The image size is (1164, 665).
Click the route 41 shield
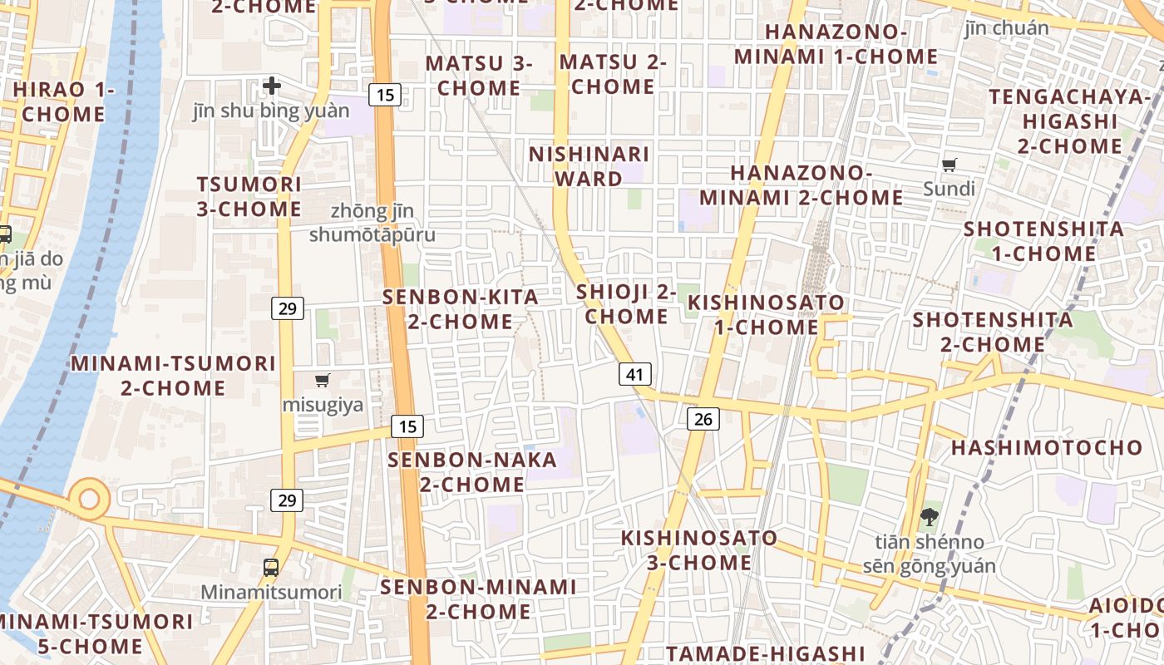coord(634,374)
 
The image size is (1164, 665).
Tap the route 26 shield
coord(703,418)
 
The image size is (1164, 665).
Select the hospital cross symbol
coord(272,85)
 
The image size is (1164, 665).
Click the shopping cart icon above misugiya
coord(323,381)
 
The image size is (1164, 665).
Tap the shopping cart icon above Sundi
coord(949,165)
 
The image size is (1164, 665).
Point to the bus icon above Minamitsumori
coord(271,568)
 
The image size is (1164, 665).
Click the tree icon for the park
coord(929,517)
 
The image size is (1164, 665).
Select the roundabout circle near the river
coord(89,500)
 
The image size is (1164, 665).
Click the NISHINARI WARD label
coord(589,166)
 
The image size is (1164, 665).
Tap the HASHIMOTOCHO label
coord(1035,447)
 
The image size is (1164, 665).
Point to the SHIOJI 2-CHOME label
coord(626,304)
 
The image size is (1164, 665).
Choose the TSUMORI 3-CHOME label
coord(249,196)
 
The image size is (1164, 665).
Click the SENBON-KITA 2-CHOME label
coord(460,309)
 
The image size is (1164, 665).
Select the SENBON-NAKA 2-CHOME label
coord(471,471)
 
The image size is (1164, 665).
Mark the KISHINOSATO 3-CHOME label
coord(699,550)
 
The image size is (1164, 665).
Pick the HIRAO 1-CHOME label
coord(64,101)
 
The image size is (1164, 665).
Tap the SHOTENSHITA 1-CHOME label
coord(1043,240)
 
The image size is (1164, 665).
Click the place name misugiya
coord(323,405)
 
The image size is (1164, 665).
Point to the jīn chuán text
coord(1006,28)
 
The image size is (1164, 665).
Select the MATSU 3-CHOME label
coord(479,75)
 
